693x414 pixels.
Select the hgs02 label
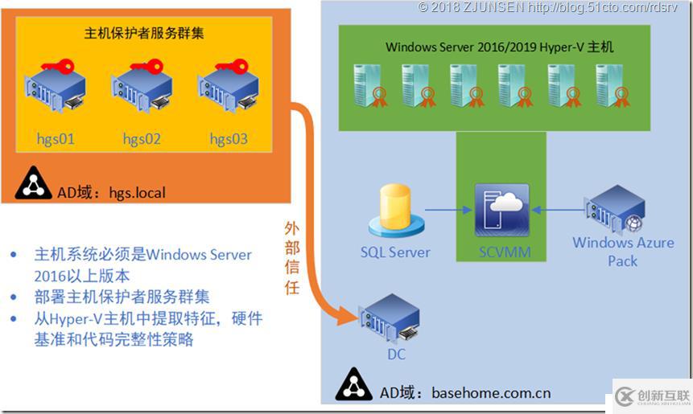(142, 139)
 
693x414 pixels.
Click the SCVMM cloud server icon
(502, 209)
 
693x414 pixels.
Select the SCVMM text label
(502, 252)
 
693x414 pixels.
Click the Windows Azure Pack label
(623, 252)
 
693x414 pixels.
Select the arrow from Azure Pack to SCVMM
(560, 211)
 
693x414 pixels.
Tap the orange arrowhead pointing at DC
(348, 316)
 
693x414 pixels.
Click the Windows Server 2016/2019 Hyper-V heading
(499, 47)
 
